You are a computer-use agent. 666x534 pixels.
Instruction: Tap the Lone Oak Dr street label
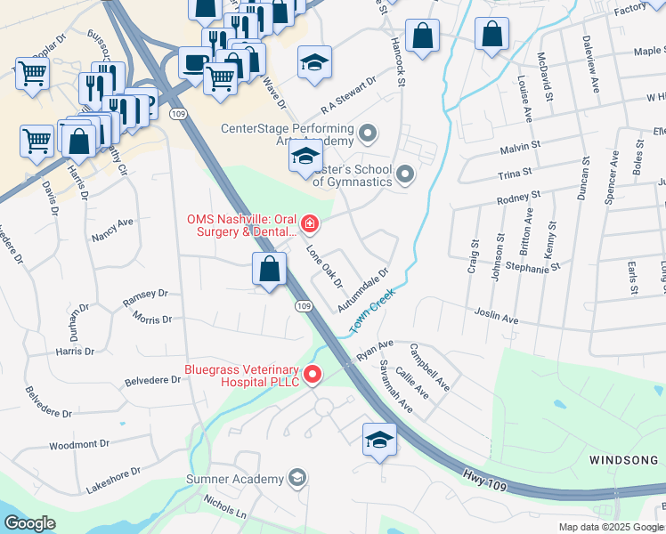[325, 268]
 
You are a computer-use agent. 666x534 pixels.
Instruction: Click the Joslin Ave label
[496, 319]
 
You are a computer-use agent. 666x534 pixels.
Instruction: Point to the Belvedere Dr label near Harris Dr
[151, 379]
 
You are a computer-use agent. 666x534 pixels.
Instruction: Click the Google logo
[29, 523]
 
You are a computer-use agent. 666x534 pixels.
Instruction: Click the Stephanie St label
[532, 266]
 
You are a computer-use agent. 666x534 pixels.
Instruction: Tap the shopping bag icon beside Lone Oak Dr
[269, 269]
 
